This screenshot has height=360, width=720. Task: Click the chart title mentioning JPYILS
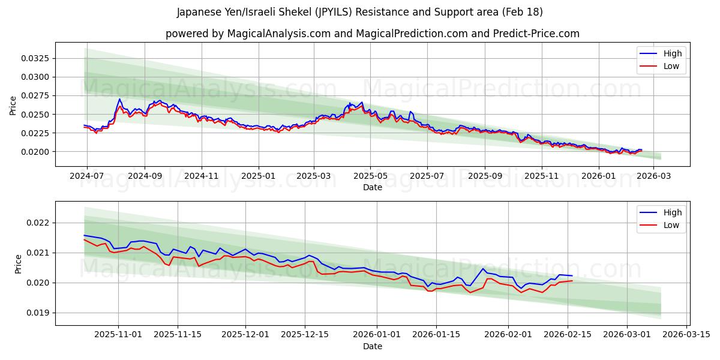360,12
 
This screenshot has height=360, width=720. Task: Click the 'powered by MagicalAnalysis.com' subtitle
372,34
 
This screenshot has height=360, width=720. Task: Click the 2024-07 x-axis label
88,176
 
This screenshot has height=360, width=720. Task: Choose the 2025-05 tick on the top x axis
370,176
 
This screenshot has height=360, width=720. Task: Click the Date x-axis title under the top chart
372,187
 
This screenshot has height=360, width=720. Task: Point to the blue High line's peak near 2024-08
119,99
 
